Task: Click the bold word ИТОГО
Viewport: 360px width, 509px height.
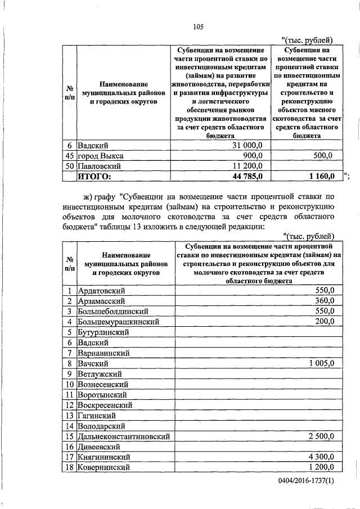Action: point(94,176)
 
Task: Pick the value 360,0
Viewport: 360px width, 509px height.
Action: point(324,301)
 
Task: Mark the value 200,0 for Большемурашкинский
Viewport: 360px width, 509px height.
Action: point(324,321)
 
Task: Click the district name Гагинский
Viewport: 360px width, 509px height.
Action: point(97,415)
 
